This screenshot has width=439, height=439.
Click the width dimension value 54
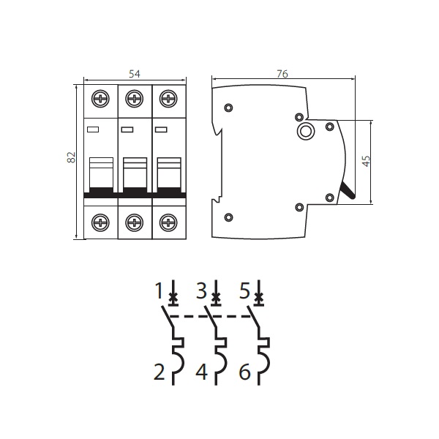135,74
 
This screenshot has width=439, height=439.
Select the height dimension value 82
72,157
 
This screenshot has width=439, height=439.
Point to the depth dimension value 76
282,74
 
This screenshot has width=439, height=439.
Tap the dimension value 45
366,161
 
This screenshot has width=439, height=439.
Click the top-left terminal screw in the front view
100,99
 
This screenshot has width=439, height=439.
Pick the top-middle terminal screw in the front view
135,99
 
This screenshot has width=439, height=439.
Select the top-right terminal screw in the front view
168,99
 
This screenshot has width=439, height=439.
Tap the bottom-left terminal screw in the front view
100,222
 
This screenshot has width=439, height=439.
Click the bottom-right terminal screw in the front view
168,222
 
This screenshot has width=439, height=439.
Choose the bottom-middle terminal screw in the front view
135,222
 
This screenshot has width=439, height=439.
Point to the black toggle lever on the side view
348,191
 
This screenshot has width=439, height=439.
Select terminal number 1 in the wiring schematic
159,291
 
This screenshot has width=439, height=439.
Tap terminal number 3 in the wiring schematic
202,291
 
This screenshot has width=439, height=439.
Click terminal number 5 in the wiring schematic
244,291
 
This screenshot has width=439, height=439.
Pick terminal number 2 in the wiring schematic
160,372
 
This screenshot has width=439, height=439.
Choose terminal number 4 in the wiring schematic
202,372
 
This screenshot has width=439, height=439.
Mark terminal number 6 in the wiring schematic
244,372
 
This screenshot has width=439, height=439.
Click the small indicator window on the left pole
93,130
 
